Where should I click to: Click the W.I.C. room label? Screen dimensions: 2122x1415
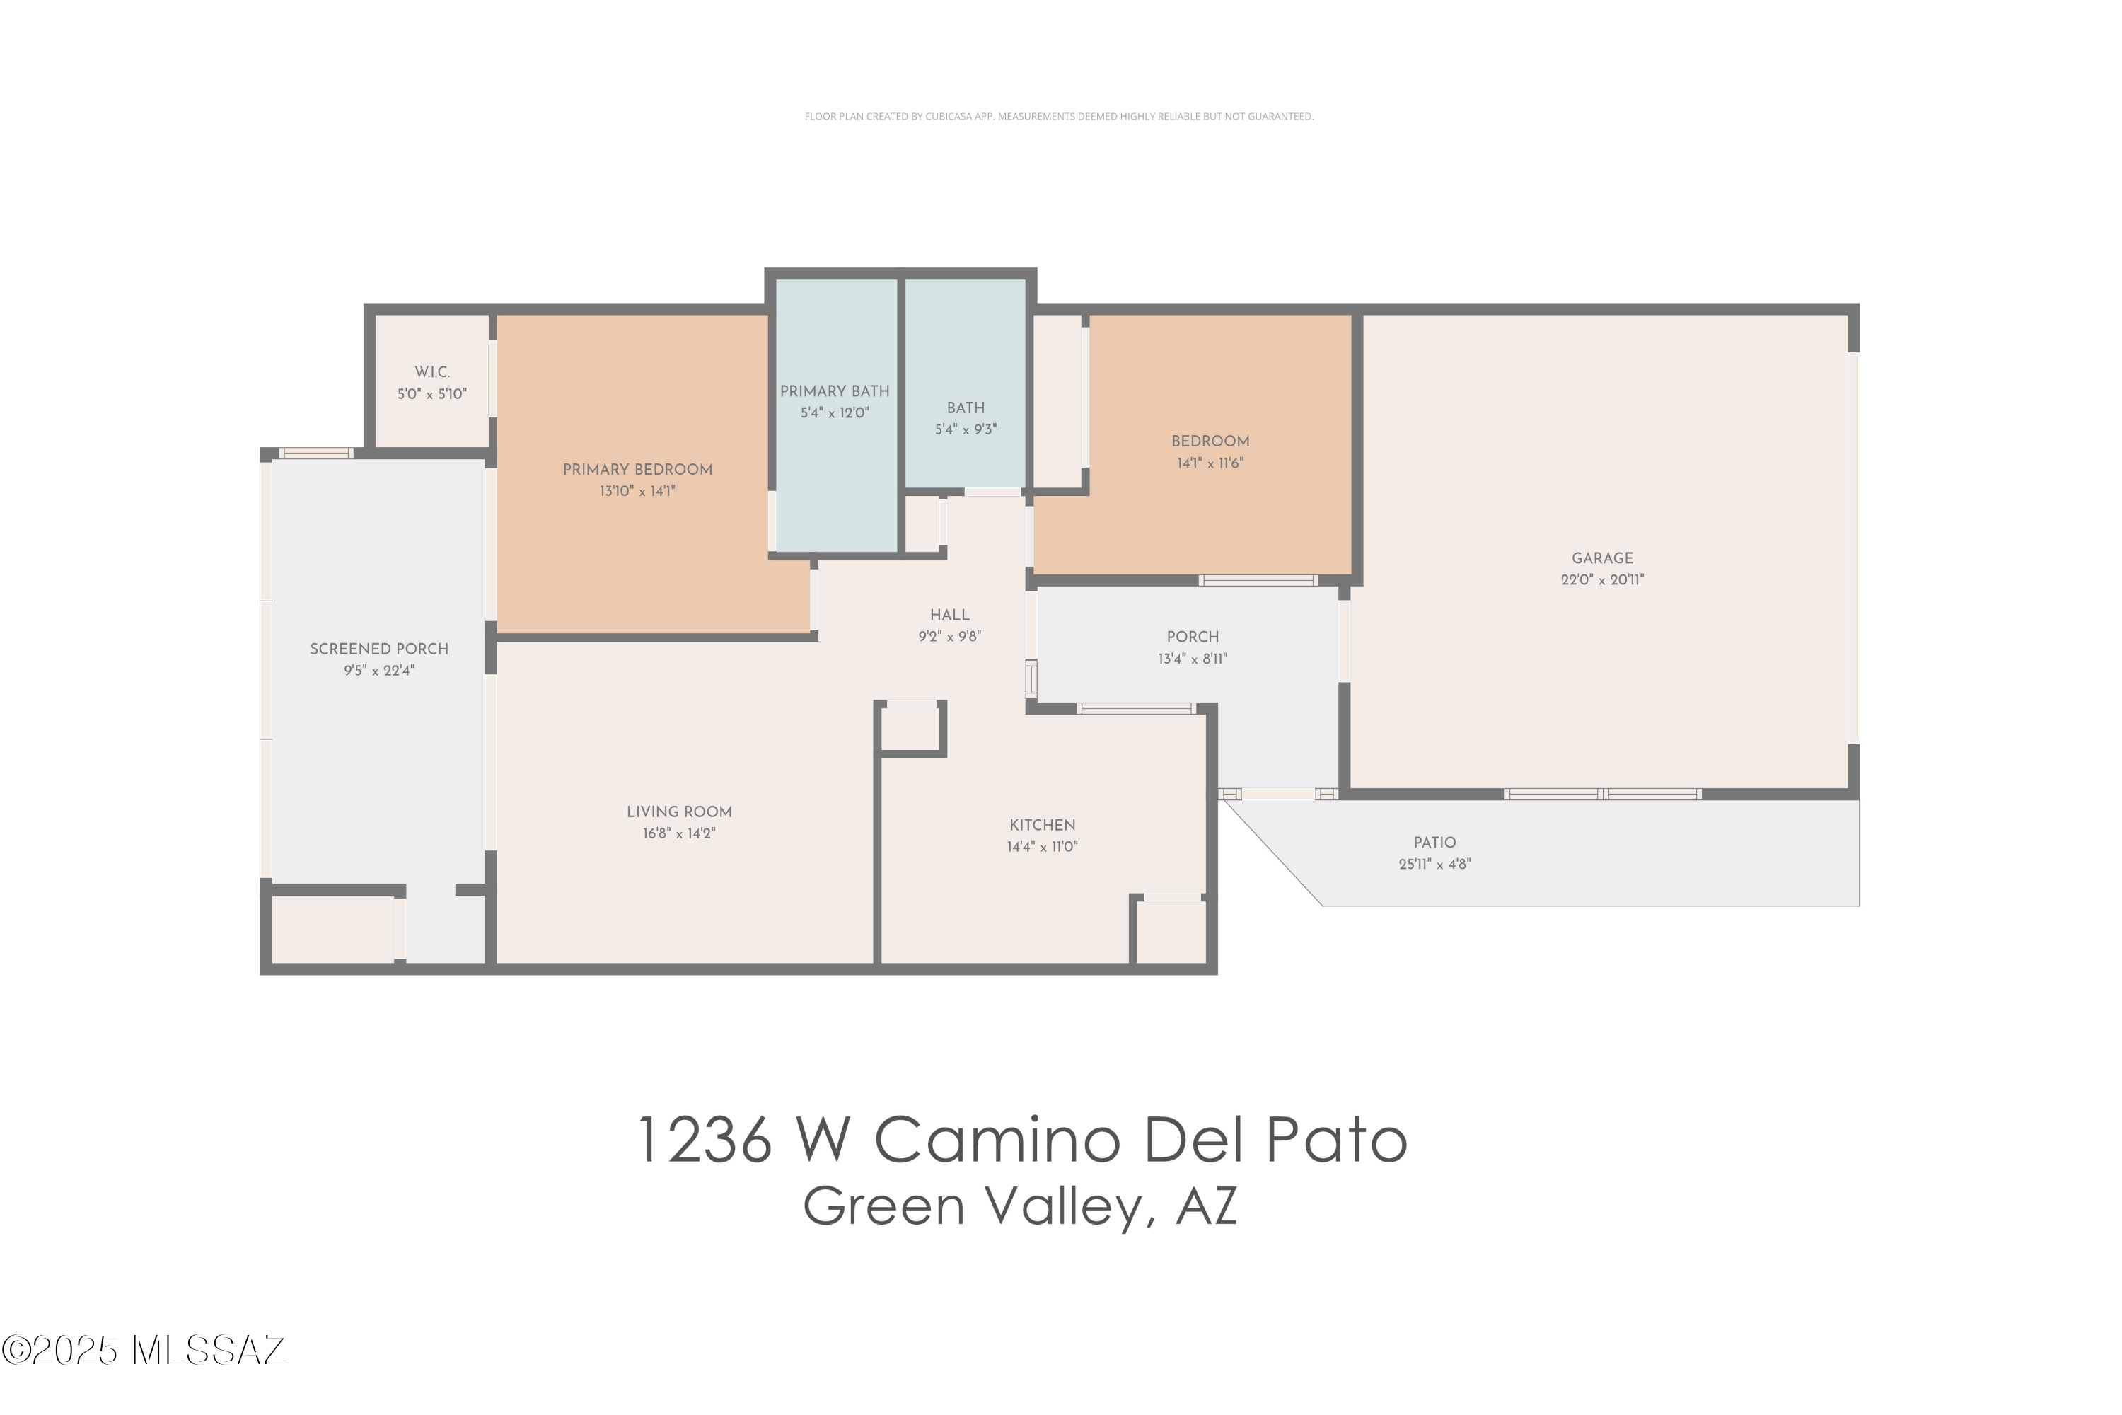(x=432, y=372)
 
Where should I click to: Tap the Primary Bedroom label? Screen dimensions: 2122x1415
(x=637, y=469)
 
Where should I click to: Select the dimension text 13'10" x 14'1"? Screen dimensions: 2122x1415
(x=637, y=491)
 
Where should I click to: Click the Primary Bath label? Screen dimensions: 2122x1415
(x=835, y=391)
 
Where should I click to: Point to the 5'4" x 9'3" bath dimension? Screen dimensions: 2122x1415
(x=966, y=429)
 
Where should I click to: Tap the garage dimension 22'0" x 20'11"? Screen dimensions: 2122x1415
(x=1602, y=580)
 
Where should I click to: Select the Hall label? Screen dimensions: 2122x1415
(x=949, y=615)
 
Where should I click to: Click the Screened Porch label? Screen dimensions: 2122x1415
(x=379, y=649)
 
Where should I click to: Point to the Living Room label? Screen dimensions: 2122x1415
(x=678, y=812)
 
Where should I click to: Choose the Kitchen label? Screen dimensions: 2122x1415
(x=1042, y=825)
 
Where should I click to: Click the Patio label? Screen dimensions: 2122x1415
(x=1434, y=842)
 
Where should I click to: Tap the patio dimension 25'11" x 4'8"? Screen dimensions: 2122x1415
(x=1434, y=864)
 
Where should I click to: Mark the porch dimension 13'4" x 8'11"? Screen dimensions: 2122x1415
(x=1193, y=659)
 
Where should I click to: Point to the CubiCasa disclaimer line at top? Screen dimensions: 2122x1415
(x=1059, y=117)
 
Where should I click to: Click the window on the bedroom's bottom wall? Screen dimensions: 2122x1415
(x=1258, y=580)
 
